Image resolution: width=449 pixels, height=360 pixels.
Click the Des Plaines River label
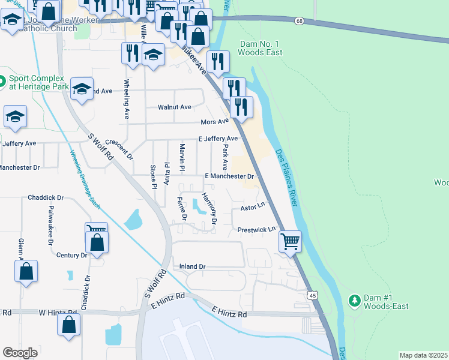pyautogui.click(x=287, y=178)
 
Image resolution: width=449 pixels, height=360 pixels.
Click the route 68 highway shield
pyautogui.click(x=298, y=21)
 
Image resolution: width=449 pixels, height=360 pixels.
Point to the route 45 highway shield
pyautogui.click(x=312, y=295)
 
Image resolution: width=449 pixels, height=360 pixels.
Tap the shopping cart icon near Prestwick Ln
pyautogui.click(x=291, y=241)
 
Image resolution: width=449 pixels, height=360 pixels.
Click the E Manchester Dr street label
pyautogui.click(x=230, y=176)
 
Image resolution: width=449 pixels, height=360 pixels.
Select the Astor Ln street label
pyautogui.click(x=253, y=206)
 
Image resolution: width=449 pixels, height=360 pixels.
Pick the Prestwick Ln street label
pyautogui.click(x=256, y=229)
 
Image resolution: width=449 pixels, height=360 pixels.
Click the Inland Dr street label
pyautogui.click(x=193, y=266)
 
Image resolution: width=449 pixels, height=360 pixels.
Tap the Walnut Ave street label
pyautogui.click(x=174, y=107)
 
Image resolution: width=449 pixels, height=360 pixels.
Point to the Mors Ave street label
pyautogui.click(x=215, y=122)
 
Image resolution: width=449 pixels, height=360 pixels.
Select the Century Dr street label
pyautogui.click(x=71, y=255)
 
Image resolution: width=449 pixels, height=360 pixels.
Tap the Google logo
pyautogui.click(x=20, y=353)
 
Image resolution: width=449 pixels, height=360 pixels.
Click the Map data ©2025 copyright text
pyautogui.click(x=423, y=355)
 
